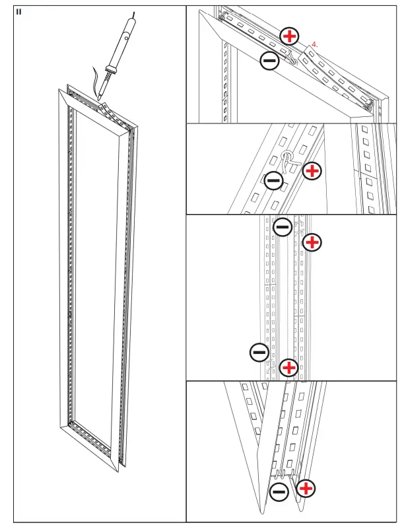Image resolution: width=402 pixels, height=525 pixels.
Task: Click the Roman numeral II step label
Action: (19, 11)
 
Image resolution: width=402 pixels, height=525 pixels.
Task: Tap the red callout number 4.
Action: (315, 44)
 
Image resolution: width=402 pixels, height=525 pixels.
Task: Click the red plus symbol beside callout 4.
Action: (290, 36)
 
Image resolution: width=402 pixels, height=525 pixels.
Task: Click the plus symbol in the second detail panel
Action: (312, 171)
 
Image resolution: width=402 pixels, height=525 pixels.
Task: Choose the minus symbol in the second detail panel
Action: (273, 180)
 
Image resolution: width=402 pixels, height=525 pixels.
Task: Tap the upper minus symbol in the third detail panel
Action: (283, 227)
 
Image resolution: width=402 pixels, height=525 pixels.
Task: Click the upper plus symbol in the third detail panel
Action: (312, 242)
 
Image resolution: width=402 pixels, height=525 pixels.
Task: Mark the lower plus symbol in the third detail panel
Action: (288, 367)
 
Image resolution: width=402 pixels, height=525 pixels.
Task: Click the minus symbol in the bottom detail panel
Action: (279, 491)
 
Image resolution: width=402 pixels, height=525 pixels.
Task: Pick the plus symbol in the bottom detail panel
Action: (305, 489)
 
